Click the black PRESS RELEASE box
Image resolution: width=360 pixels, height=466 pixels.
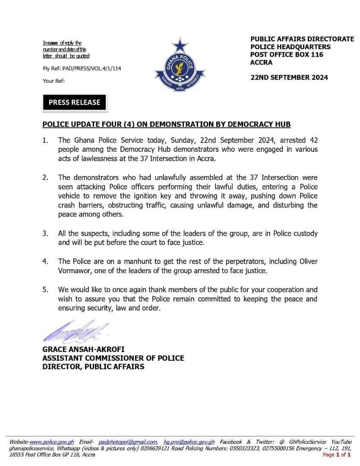point(74,102)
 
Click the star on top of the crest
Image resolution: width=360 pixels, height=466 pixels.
point(179,45)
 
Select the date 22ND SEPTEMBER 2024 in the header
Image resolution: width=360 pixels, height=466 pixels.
point(289,78)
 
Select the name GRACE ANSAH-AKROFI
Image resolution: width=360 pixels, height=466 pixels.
point(83,349)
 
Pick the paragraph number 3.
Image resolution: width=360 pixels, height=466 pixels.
point(45,233)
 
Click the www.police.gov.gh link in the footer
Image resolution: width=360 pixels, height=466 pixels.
point(52,442)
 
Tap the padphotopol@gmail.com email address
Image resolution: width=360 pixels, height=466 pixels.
point(128,442)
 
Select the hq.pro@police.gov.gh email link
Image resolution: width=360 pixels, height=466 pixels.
point(189,442)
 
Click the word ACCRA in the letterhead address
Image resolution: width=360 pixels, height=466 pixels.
point(262,63)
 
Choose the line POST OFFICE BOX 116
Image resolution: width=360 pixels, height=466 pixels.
point(287,55)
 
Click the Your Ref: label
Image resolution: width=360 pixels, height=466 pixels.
point(54,81)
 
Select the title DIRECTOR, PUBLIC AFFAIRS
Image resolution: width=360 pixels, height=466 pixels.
point(93,367)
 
